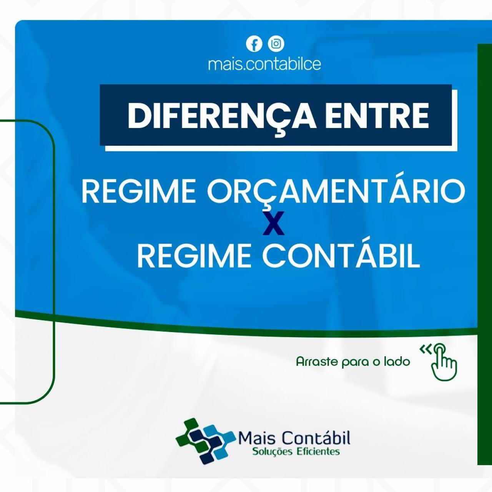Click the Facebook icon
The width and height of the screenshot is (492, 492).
click(x=254, y=44)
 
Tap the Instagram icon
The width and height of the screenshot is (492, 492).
click(x=276, y=44)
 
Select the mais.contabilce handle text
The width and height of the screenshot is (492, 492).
click(x=264, y=64)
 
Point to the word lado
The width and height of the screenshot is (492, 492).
click(x=397, y=362)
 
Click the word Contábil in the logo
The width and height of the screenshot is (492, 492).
click(x=315, y=438)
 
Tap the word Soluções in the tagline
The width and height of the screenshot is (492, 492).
click(x=273, y=451)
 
